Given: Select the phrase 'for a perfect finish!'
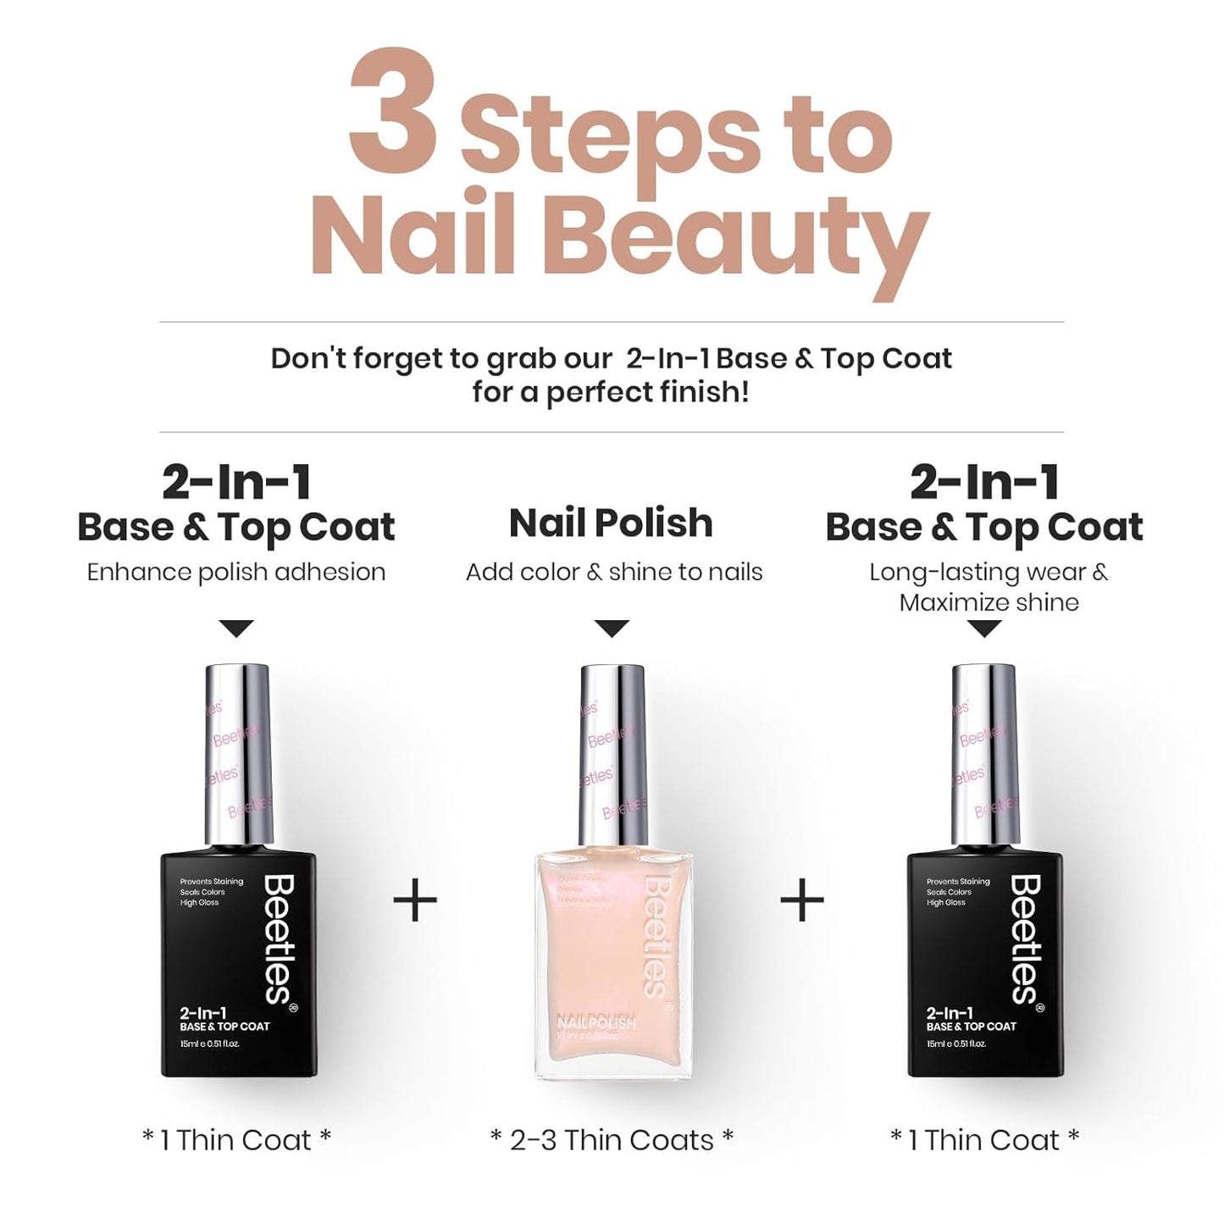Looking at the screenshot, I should point(611,393).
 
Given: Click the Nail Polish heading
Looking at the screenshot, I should point(611,523).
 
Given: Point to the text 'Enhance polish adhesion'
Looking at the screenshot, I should point(236,572).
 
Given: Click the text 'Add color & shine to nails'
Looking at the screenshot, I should point(614,572).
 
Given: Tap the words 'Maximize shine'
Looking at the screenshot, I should point(989,602).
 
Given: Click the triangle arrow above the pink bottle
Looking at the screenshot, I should point(612,629).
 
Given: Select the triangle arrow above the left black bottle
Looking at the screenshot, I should point(236,629).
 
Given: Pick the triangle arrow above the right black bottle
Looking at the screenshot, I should point(984,629).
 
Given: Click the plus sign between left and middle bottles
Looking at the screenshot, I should point(415,900).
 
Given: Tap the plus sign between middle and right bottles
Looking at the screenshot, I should point(801,900).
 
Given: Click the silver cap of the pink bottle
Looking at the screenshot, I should point(612,754).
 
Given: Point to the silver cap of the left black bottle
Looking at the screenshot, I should point(238,754).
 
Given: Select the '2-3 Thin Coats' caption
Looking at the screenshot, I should point(612,1140).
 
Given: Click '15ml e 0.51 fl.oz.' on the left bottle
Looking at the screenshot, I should point(210,1044).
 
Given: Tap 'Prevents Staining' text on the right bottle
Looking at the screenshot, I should point(958,882).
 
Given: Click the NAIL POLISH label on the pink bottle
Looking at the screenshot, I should point(596,1023).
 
